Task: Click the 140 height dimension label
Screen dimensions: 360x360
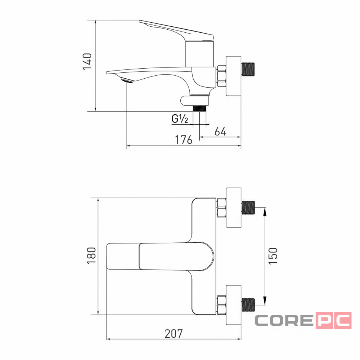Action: coord(87,61)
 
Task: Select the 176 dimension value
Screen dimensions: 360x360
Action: coord(183,140)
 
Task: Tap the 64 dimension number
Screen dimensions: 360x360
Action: coord(220,131)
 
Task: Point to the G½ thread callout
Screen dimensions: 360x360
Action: coord(180,119)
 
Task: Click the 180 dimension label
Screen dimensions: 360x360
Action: coord(91,255)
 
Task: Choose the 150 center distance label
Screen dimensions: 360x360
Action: coord(273,256)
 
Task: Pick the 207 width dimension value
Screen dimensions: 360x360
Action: coord(174,334)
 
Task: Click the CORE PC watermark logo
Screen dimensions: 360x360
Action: coord(303,320)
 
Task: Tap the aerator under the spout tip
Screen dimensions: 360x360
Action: coord(127,80)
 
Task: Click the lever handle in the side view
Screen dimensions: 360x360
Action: coord(176,31)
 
